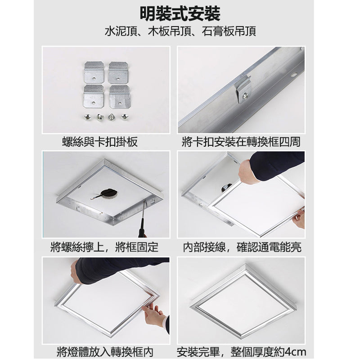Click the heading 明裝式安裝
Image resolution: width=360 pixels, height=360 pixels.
180,14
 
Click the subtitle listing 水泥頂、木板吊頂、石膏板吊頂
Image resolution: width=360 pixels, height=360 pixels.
180,32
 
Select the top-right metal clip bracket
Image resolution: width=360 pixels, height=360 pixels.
119,72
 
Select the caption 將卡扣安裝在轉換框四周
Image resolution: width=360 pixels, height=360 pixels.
241,143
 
